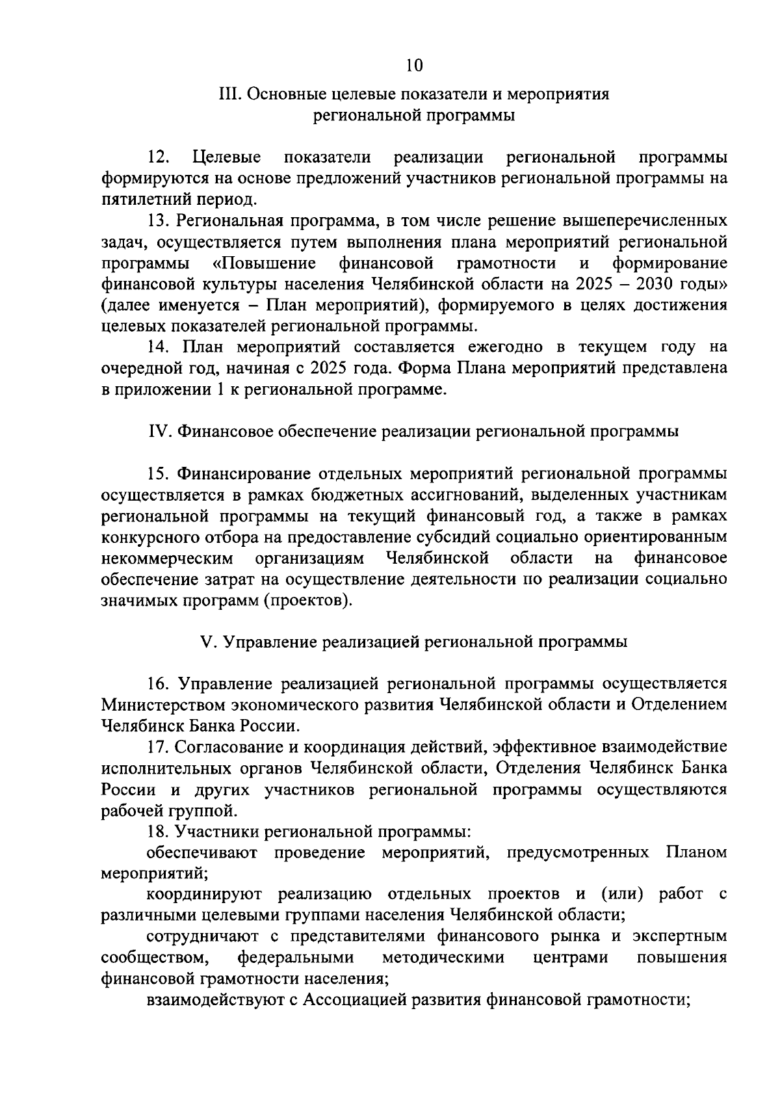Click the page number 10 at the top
[x=413, y=65]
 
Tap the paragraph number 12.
[x=159, y=157]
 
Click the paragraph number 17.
[x=159, y=747]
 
